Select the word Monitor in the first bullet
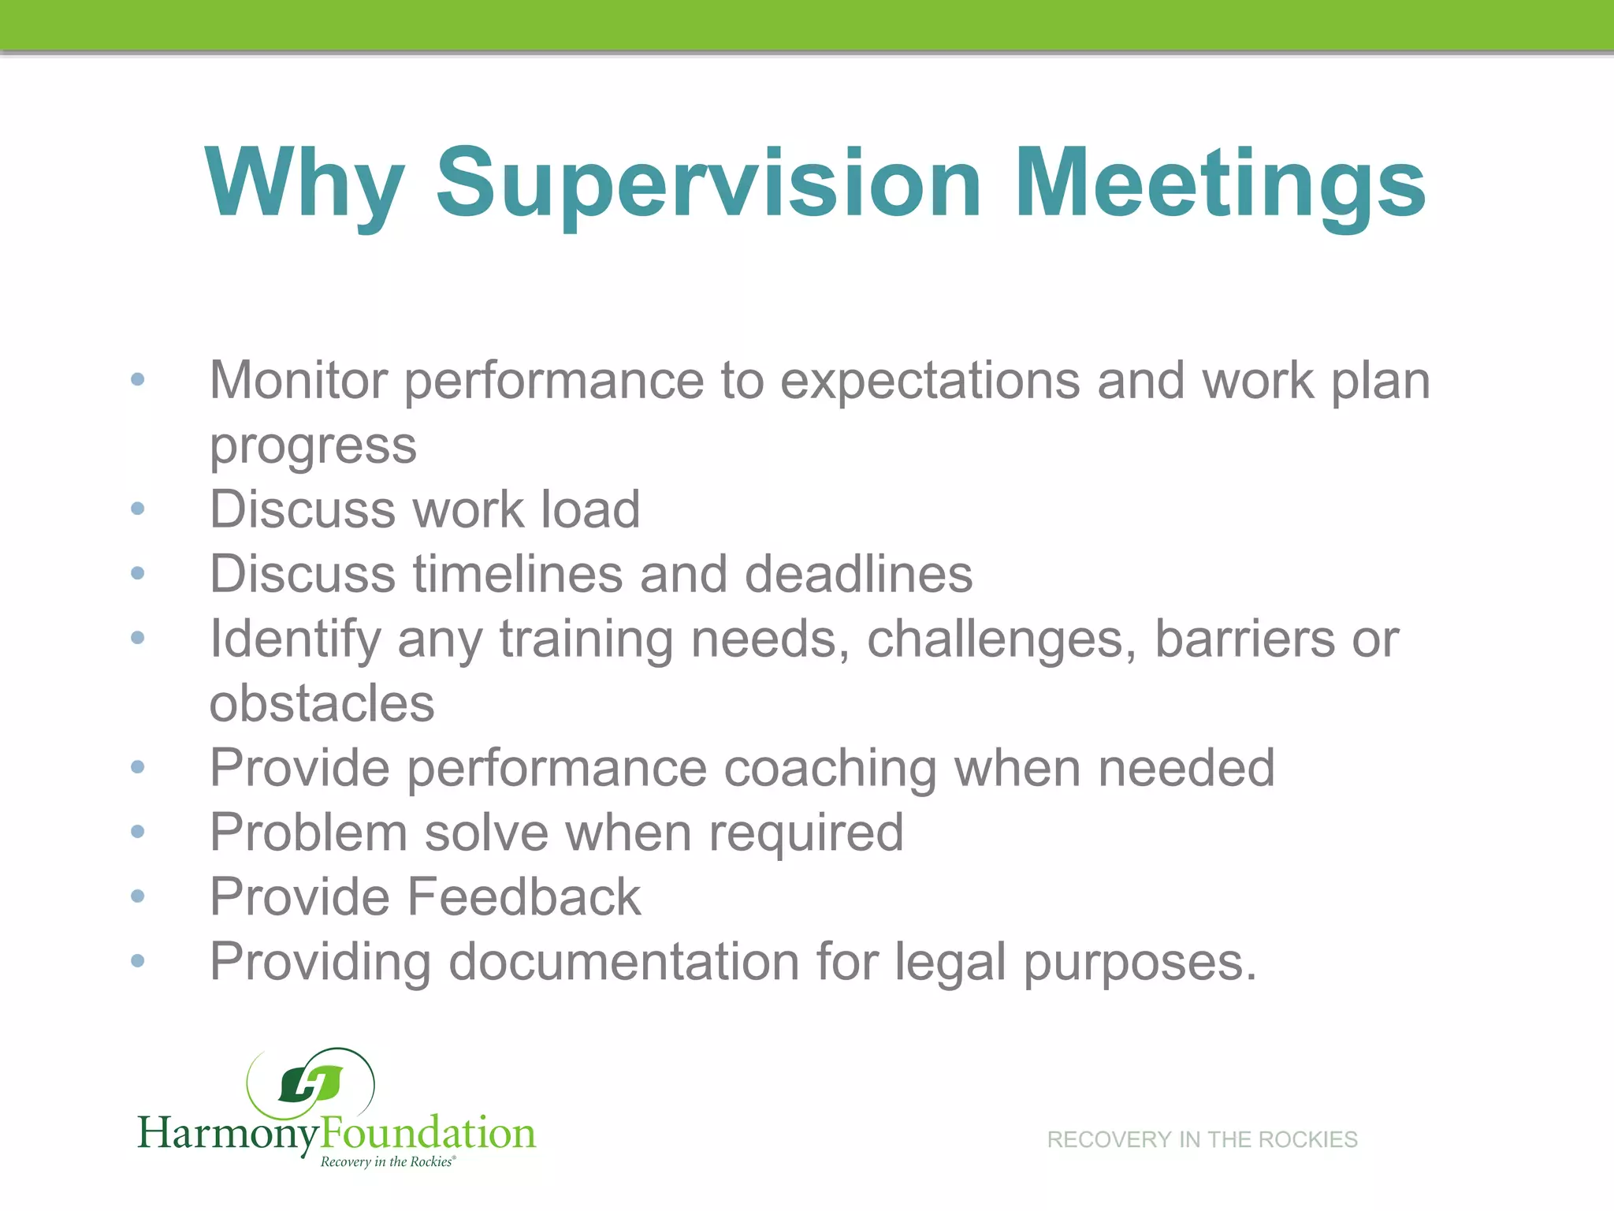pos(299,380)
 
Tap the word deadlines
pos(858,573)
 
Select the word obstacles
pos(322,703)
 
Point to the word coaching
pos(830,769)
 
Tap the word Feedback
pos(524,896)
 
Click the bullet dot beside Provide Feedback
pos(138,896)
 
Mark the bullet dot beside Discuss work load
pos(138,509)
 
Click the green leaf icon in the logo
pos(311,1084)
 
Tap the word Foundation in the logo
pos(428,1133)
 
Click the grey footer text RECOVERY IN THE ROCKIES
pos(1202,1139)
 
